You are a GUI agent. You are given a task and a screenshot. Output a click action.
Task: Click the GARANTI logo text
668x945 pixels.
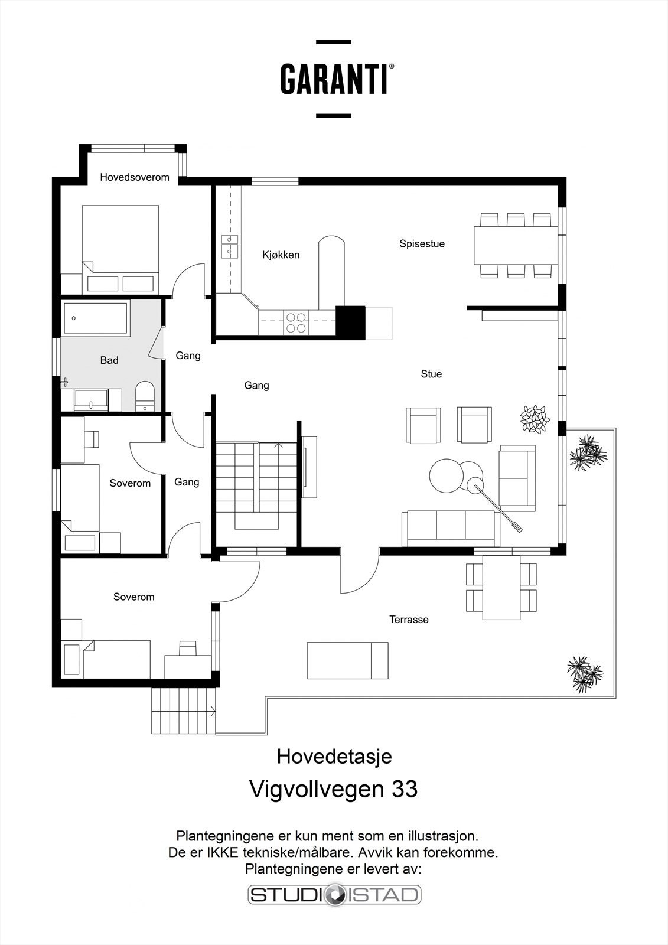click(334, 79)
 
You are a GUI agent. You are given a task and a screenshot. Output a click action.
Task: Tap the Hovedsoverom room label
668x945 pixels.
click(135, 177)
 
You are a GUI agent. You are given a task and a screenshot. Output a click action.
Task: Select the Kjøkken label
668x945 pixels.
click(281, 255)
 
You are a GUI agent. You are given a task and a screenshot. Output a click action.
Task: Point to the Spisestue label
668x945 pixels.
click(422, 243)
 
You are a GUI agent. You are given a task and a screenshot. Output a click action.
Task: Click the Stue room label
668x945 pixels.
click(431, 374)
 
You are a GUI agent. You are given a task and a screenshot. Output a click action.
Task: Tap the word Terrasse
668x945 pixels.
click(409, 620)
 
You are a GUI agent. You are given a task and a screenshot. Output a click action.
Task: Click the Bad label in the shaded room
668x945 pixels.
click(109, 360)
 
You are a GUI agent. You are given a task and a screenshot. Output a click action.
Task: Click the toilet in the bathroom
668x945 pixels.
click(145, 395)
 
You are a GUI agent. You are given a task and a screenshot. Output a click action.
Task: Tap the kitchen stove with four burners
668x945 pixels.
click(296, 322)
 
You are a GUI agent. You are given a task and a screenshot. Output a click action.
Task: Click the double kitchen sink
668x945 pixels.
click(230, 246)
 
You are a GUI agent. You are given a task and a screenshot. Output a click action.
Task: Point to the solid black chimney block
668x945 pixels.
click(350, 322)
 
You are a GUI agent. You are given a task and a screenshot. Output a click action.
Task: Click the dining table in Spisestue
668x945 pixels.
click(515, 245)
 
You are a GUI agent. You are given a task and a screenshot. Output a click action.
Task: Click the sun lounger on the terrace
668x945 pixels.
click(347, 660)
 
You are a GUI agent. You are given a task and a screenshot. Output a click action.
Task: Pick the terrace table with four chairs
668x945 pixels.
click(501, 587)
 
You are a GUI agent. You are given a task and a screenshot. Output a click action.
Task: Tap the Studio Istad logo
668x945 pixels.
click(334, 894)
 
